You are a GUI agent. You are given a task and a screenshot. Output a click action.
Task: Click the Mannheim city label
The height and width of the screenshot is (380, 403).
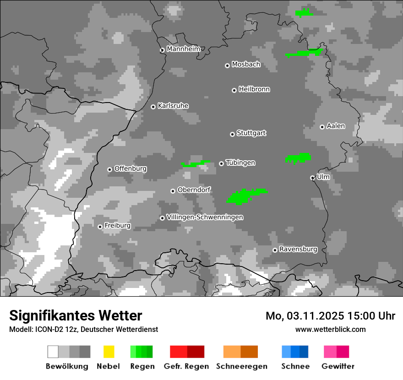tap(183, 49)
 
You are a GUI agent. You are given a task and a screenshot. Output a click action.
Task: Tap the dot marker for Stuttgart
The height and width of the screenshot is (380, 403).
tap(232, 134)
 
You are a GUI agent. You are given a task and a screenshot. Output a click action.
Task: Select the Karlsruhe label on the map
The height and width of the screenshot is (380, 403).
tap(173, 106)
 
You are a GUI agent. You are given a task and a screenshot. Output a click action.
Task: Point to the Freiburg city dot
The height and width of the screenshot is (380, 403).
tap(100, 227)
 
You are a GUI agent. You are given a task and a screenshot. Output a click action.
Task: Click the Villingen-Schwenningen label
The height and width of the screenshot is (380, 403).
tap(205, 217)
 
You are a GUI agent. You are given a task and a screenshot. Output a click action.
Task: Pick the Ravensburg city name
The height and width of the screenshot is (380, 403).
tap(298, 249)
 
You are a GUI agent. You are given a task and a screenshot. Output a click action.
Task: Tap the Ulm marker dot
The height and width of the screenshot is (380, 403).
tap(312, 178)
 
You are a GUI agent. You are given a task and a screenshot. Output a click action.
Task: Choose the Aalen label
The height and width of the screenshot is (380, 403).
tap(336, 126)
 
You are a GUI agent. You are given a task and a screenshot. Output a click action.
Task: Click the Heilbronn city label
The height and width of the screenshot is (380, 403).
tap(254, 89)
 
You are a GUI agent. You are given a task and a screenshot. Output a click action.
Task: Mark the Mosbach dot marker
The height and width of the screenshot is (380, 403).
tap(227, 65)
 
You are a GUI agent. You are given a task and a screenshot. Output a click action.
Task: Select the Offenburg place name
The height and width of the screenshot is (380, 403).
tap(130, 168)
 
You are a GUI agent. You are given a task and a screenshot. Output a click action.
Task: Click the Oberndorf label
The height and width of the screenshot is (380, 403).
tap(194, 190)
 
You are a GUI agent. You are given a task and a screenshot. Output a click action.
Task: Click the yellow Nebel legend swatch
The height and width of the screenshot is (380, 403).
tap(109, 352)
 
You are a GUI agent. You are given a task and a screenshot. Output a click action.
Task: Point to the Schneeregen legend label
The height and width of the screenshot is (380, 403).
tap(242, 366)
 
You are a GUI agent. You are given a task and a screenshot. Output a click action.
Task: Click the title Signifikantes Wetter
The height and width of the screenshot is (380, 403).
tap(76, 315)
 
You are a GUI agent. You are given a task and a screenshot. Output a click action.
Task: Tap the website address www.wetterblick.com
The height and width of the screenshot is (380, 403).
tap(330, 329)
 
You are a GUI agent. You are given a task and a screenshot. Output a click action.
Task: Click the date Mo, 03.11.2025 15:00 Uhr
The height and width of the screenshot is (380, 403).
tap(330, 316)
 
